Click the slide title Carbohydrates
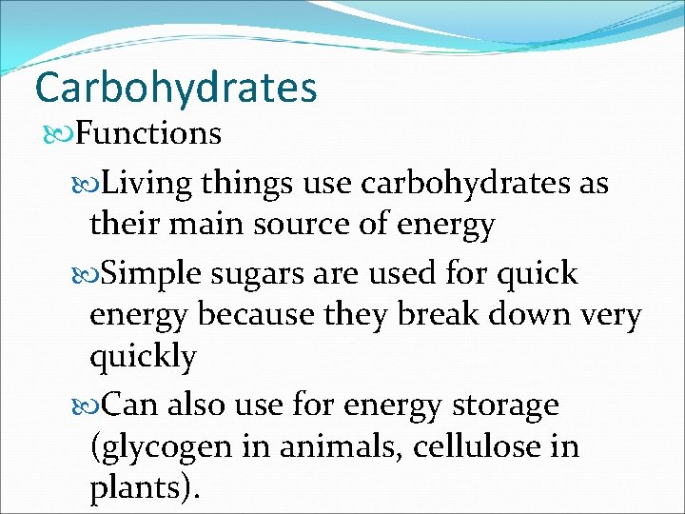click(175, 88)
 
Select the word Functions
click(148, 133)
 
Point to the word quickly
click(143, 357)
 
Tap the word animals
click(351, 447)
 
